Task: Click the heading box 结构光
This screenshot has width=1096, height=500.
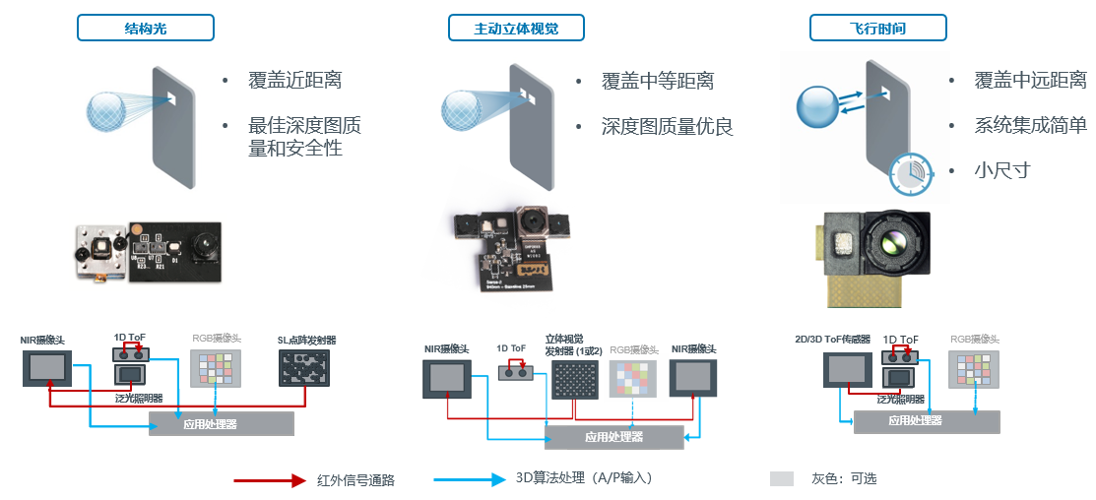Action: point(146,29)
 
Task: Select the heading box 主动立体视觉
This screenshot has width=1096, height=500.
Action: point(516,29)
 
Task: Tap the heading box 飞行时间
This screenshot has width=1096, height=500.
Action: point(877,29)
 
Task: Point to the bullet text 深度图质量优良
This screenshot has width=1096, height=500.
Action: point(667,127)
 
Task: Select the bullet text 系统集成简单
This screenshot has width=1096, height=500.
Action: point(1030,126)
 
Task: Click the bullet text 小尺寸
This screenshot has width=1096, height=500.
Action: point(1001,170)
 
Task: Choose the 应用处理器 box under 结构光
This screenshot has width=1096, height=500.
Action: point(222,423)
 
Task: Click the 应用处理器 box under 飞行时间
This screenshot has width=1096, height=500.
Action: point(926,420)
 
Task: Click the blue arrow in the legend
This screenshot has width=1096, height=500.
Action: point(470,480)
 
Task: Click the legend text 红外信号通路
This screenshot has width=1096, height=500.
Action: point(355,480)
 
